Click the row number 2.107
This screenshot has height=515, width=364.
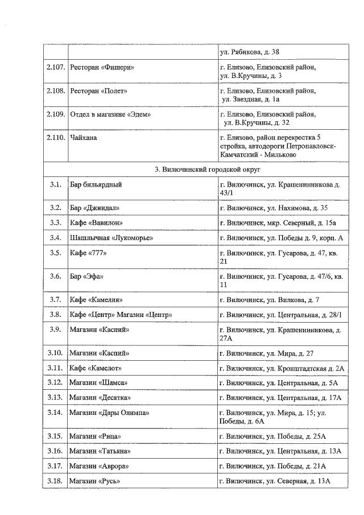pos(55,68)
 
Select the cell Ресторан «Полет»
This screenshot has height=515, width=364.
pos(98,91)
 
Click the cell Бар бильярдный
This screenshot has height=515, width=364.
pos(96,185)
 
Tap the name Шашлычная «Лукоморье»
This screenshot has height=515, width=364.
pos(111,237)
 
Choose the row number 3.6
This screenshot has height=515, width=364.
pos(55,276)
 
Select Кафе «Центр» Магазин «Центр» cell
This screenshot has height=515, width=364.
pos(121,315)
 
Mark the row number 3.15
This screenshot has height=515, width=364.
pos(55,436)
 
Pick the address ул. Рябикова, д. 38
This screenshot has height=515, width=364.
pos(250,52)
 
